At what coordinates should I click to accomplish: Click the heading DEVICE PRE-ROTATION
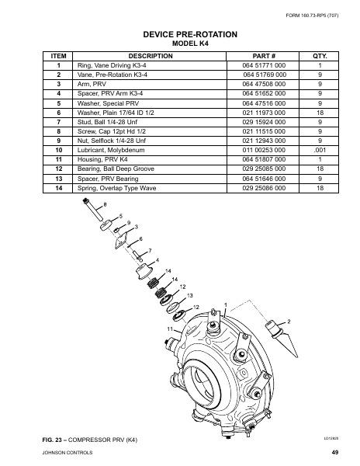pyautogui.click(x=179, y=34)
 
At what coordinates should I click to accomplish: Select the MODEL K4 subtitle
pyautogui.click(x=179, y=44)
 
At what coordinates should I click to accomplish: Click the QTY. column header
pyautogui.click(x=320, y=56)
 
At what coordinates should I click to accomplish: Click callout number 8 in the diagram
pyautogui.click(x=105, y=204)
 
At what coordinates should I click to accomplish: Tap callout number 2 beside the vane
pyautogui.click(x=289, y=321)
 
